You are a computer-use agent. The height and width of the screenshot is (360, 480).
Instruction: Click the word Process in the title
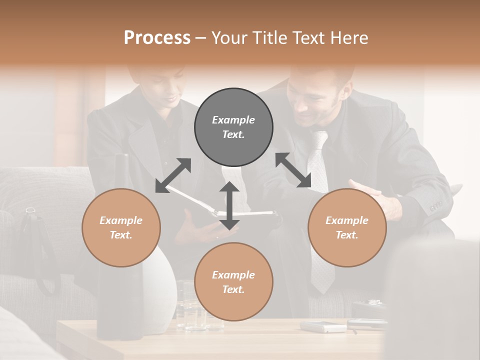[x=157, y=37]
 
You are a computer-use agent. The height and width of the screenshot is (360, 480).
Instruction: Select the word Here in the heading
[x=348, y=37]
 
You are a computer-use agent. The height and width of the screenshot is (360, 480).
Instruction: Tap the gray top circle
[x=233, y=127]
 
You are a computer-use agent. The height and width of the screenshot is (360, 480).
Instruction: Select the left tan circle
[x=121, y=227]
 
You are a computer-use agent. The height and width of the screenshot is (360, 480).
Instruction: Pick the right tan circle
[x=347, y=227]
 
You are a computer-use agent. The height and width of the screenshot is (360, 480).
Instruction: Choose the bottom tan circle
[x=233, y=282]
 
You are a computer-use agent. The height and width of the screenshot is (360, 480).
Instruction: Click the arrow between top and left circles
[x=173, y=175]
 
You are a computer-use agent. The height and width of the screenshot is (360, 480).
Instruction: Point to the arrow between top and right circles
[x=293, y=170]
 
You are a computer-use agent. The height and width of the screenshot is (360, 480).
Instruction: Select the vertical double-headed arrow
[x=229, y=205]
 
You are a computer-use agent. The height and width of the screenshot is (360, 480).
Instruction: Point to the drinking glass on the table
[x=186, y=305]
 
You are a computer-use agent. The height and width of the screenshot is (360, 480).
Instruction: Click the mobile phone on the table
[x=322, y=326]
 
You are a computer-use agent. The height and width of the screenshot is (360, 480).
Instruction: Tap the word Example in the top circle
[x=233, y=120]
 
